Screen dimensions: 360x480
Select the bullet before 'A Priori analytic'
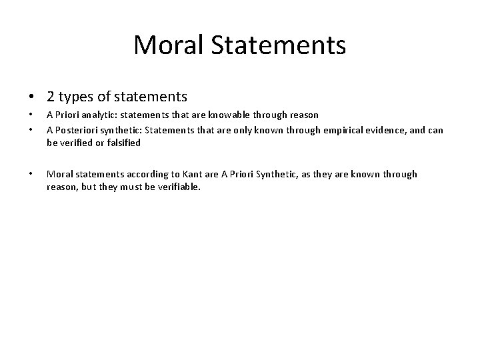coord(30,115)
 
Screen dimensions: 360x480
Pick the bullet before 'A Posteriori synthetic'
coord(30,130)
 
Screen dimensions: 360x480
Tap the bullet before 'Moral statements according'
coord(30,174)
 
